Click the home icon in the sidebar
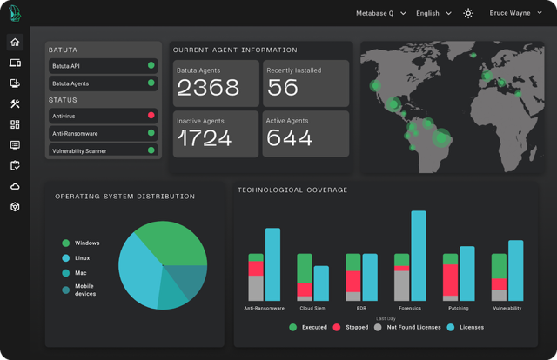click(15, 43)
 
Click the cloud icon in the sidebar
click(15, 186)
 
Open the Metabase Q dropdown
click(381, 14)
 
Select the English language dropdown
click(433, 14)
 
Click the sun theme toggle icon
click(468, 14)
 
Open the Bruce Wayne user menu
click(515, 13)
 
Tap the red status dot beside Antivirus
click(151, 115)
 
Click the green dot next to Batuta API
click(151, 65)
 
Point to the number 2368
click(208, 87)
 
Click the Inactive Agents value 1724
click(205, 138)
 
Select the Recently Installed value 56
click(283, 87)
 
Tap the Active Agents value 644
click(289, 137)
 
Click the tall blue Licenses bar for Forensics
click(419, 256)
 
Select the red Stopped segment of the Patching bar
click(450, 280)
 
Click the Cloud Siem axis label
click(312, 308)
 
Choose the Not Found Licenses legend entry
click(407, 327)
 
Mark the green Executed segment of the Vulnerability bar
click(499, 266)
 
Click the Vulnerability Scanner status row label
click(79, 151)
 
